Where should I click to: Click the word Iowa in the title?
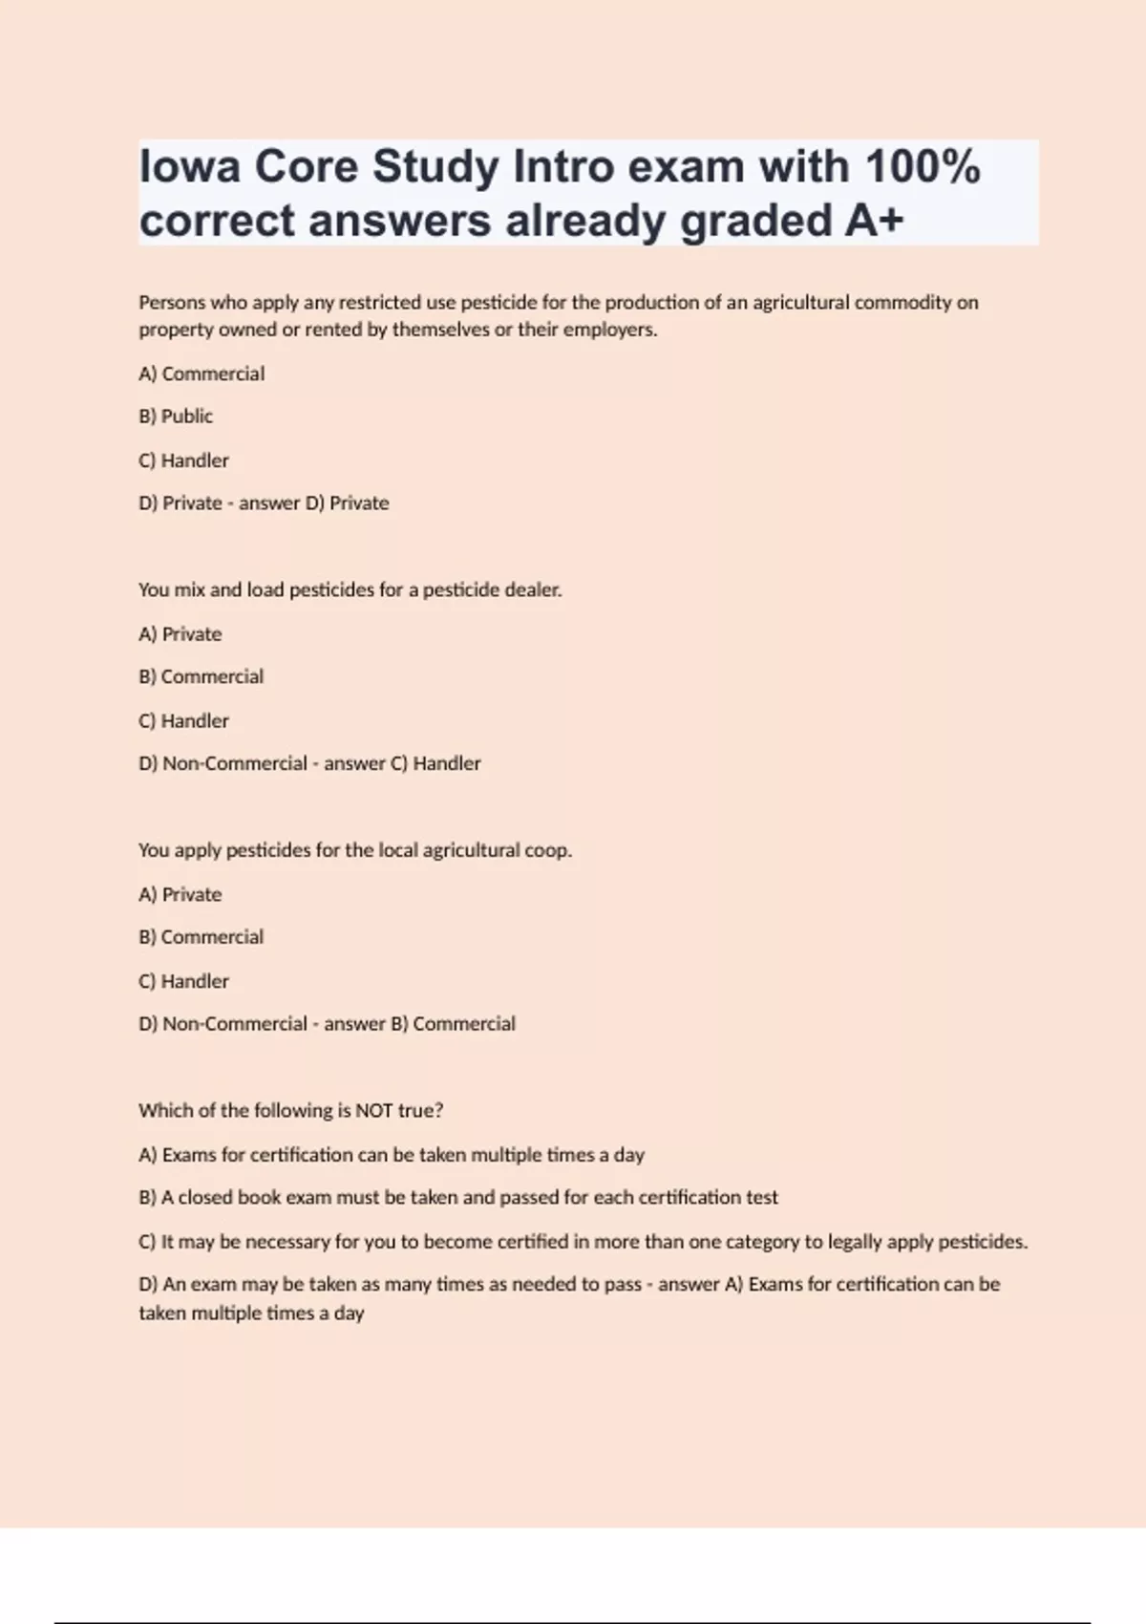coord(187,167)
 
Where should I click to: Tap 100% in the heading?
coord(923,167)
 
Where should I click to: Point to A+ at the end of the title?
coord(873,221)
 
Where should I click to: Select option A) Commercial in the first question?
coord(202,374)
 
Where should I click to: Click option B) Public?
coord(176,417)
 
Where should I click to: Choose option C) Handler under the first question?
coord(183,460)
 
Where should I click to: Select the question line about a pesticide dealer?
coord(350,590)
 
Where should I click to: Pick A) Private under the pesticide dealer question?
coord(180,634)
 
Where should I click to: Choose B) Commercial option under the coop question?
coord(201,937)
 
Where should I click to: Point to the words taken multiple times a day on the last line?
coord(251,1314)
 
